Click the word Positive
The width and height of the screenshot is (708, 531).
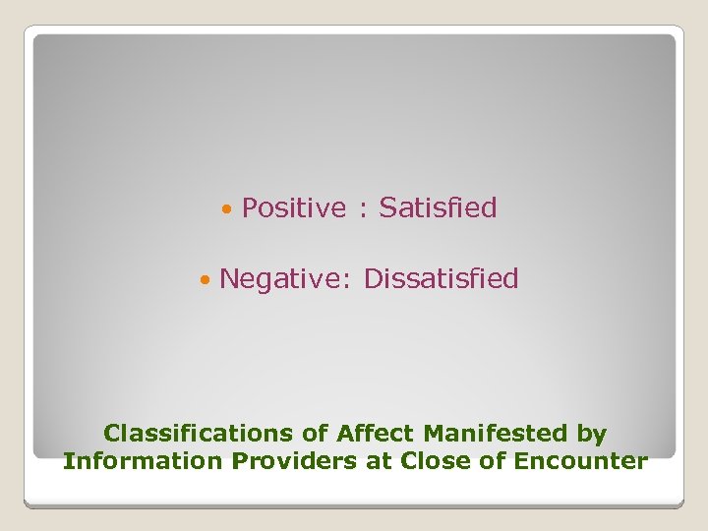294,208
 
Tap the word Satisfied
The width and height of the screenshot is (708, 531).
438,208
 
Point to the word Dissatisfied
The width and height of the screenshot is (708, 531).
441,279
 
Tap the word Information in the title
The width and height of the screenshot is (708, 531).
144,460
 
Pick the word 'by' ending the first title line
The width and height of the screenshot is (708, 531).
592,434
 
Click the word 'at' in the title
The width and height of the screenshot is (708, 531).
380,461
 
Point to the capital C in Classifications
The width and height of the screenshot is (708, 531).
111,433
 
